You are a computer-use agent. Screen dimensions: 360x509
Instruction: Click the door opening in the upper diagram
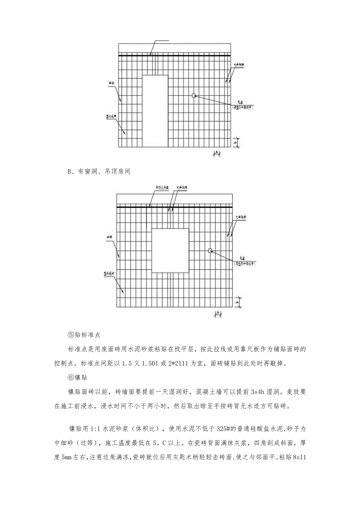[x=155, y=112]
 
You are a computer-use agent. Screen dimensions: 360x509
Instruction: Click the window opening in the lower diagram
[x=170, y=250]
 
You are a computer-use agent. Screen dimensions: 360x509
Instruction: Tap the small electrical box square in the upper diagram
[x=193, y=95]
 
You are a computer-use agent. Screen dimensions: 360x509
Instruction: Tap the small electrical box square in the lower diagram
[x=210, y=251]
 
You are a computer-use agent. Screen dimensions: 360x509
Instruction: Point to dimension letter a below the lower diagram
[x=216, y=313]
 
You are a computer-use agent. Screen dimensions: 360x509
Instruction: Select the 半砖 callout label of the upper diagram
[x=112, y=83]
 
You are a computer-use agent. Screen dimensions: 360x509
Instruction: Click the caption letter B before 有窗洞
[x=70, y=171]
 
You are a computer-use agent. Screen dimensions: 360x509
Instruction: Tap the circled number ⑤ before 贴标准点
[x=70, y=335]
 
